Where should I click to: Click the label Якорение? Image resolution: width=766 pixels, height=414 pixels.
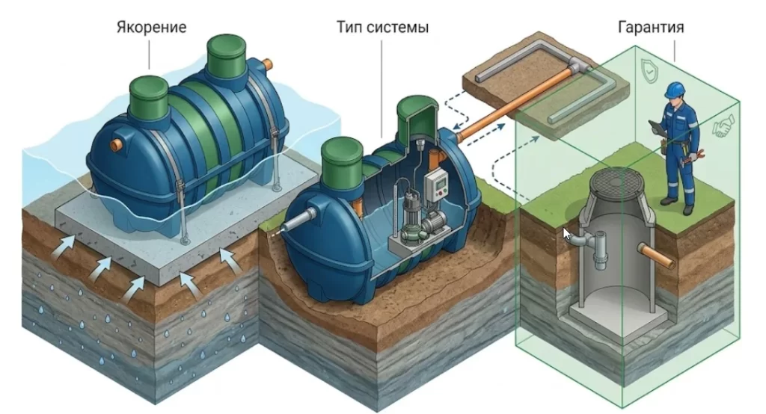[x=151, y=28]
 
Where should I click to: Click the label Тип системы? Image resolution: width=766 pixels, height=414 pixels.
[x=382, y=28]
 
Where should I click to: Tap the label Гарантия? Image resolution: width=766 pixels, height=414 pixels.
[x=650, y=28]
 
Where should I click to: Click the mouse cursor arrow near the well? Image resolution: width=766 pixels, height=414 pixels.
[x=566, y=237]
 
